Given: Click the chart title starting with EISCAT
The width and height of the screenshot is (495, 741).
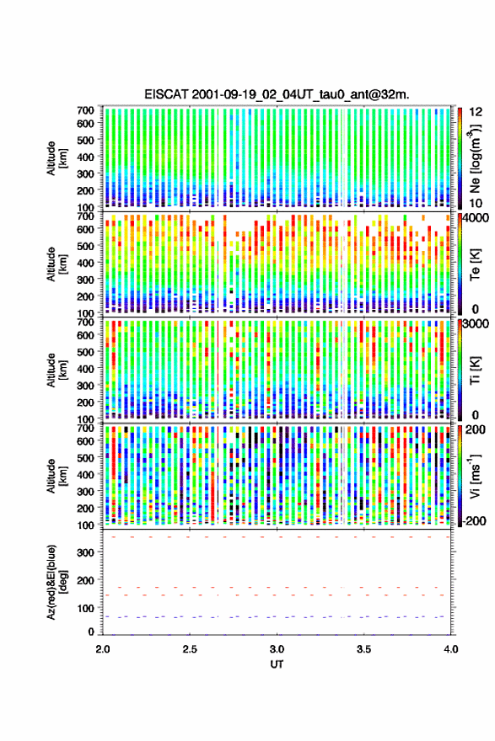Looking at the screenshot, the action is [x=277, y=94].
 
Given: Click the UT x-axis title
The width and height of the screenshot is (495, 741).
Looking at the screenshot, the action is [x=277, y=664].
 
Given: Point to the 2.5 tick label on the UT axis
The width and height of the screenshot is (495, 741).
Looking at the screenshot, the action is [x=190, y=649].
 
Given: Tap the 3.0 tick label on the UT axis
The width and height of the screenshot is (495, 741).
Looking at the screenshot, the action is [x=277, y=649].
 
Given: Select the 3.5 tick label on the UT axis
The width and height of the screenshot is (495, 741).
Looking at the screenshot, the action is [x=363, y=649].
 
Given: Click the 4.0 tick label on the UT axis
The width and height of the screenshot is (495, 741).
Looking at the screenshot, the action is [x=450, y=649].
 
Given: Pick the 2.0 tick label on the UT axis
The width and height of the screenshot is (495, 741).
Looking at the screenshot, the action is [x=103, y=649].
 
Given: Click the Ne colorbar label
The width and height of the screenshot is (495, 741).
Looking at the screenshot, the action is [x=475, y=158].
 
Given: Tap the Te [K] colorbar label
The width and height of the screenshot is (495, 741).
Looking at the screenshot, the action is [x=475, y=264].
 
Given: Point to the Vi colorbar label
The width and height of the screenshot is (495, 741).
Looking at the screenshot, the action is [x=475, y=476].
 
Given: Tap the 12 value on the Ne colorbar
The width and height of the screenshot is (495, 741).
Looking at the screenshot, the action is [x=476, y=112].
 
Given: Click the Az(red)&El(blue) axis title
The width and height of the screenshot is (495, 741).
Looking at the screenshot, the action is [x=56, y=582].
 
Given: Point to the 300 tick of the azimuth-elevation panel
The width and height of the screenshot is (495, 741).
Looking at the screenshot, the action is [x=85, y=552].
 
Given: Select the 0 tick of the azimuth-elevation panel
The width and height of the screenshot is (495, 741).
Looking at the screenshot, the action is [x=91, y=632].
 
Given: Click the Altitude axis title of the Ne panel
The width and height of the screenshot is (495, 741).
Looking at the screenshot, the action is [x=56, y=157].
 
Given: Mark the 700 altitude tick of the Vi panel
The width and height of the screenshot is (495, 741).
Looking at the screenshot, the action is [x=85, y=428].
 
